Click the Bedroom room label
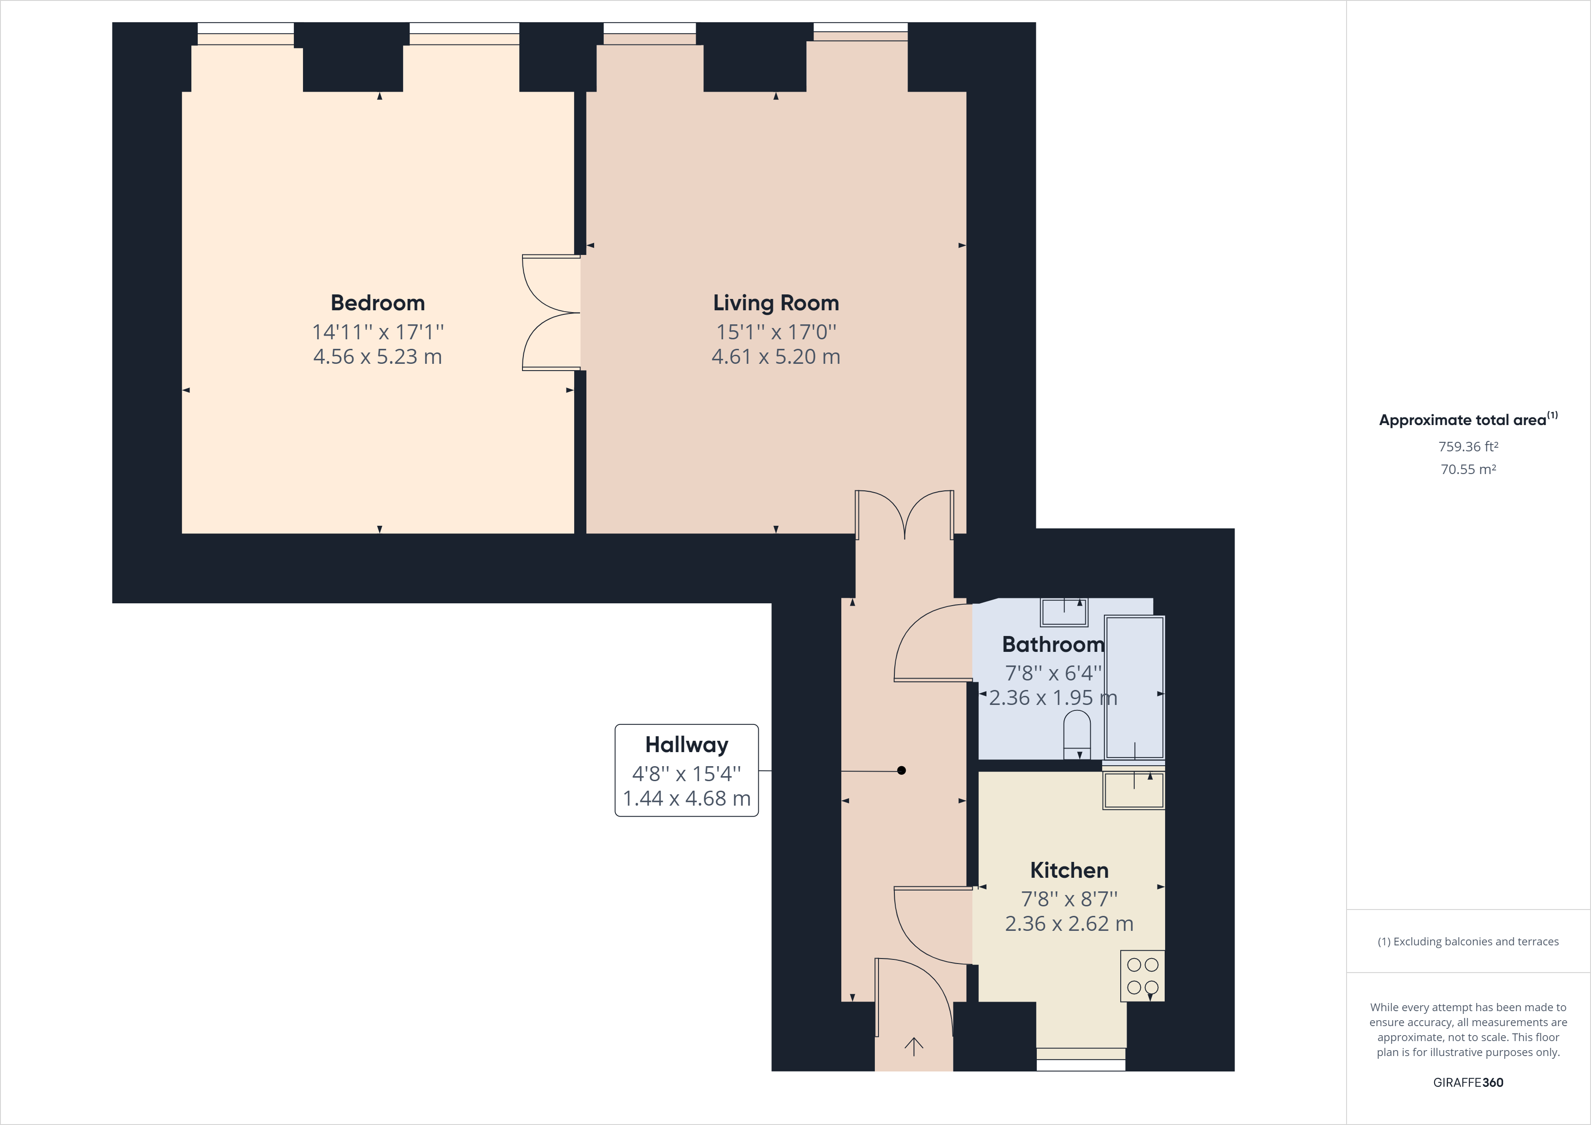378,303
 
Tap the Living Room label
776,303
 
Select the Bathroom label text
1053,645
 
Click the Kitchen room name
1069,870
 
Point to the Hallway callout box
687,770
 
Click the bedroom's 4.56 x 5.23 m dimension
378,356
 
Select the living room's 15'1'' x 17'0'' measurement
776,332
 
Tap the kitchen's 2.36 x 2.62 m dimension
1069,923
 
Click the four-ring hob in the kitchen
1142,976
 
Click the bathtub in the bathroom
1134,687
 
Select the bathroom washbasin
1064,612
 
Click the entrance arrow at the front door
914,1047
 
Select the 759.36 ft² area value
1469,446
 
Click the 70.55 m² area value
1469,469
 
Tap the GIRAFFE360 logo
1469,1082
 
